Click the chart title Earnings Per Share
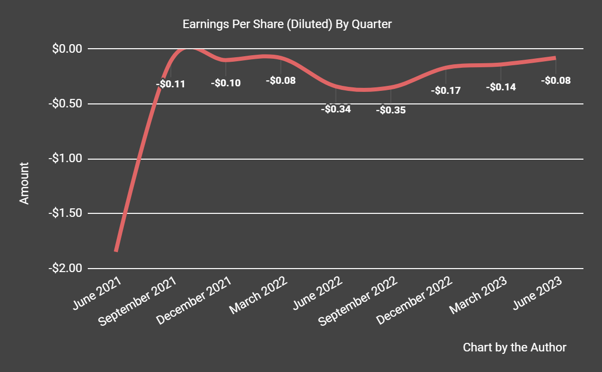pos(286,24)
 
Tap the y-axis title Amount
pos(24,183)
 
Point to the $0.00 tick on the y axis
pos(67,49)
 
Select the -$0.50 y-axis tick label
pos(65,104)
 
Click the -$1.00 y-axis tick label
pos(65,159)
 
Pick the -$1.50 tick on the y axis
pos(65,213)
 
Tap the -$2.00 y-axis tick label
pos(65,268)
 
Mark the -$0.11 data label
pos(171,84)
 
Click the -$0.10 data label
pos(226,83)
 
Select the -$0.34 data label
pos(336,108)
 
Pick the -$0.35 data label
pos(391,110)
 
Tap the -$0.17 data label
pos(446,91)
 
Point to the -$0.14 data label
pos(501,87)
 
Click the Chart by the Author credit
pos(514,347)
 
